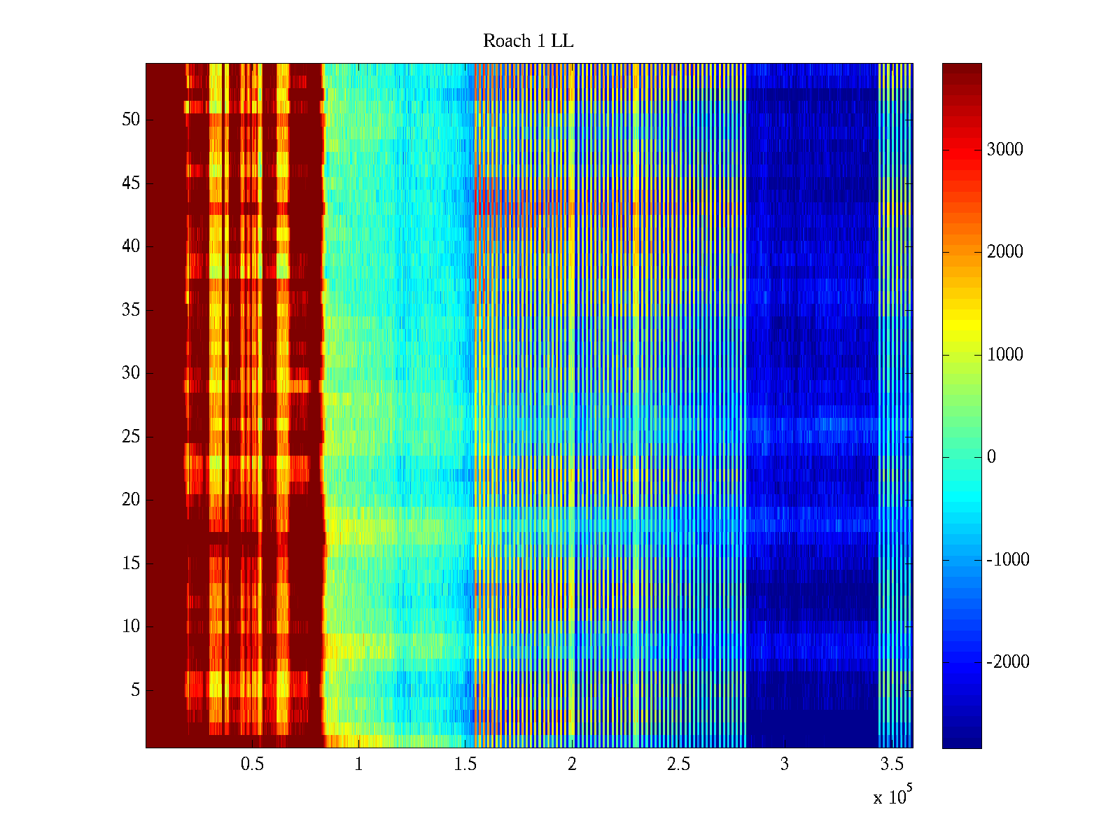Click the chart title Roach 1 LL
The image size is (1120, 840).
point(528,41)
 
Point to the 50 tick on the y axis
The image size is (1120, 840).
point(131,120)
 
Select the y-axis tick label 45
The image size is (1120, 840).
point(131,183)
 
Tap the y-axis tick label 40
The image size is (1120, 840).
point(131,246)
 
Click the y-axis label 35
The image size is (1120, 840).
point(131,310)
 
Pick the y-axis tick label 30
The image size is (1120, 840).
point(131,373)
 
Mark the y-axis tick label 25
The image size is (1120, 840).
point(131,437)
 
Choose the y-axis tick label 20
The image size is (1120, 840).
point(131,500)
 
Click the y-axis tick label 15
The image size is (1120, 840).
point(131,563)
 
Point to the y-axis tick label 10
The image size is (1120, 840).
point(131,626)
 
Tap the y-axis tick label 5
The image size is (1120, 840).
point(135,690)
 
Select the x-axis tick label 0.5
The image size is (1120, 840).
point(252,764)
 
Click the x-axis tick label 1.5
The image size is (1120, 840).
point(465,764)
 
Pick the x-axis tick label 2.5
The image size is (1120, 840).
point(678,764)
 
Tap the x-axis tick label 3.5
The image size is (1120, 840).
point(891,764)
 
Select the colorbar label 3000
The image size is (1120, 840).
point(1004,150)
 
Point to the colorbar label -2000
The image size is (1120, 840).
point(1008,662)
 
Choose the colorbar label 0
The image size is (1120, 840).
point(991,457)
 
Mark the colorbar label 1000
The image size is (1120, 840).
point(1004,355)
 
